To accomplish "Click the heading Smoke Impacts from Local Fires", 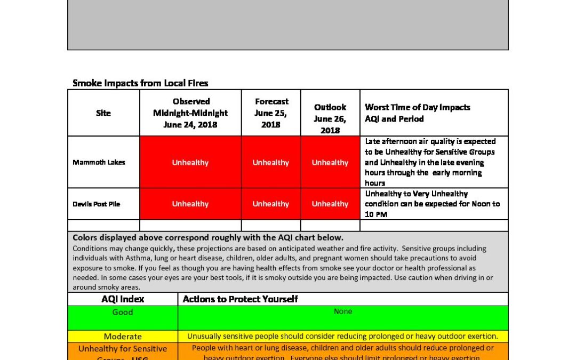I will pyautogui.click(x=140, y=83).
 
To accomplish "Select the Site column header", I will pyautogui.click(x=103, y=113).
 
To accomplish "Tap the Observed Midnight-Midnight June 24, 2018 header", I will pyautogui.click(x=190, y=113).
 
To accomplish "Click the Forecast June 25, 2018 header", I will pyautogui.click(x=271, y=113).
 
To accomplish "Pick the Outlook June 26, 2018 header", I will pyautogui.click(x=330, y=118).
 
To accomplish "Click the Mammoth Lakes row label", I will pyautogui.click(x=99, y=162).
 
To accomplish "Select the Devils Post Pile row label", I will pyautogui.click(x=97, y=204).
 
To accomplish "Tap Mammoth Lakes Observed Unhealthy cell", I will pyautogui.click(x=190, y=162).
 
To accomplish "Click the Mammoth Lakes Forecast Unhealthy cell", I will pyautogui.click(x=271, y=162).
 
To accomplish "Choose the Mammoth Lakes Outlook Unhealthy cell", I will pyautogui.click(x=330, y=162).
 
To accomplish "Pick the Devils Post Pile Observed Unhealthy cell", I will pyautogui.click(x=190, y=204).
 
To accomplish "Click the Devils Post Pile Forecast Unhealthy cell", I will pyautogui.click(x=271, y=204).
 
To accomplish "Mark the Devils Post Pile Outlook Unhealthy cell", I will pyautogui.click(x=330, y=204).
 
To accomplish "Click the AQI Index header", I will pyautogui.click(x=123, y=299).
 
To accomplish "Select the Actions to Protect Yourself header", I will pyautogui.click(x=241, y=299).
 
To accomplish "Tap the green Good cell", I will pyautogui.click(x=123, y=313).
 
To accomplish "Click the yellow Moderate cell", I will pyautogui.click(x=123, y=337).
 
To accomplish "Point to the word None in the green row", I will pyautogui.click(x=343, y=311).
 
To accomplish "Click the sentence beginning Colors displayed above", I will pyautogui.click(x=208, y=238).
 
